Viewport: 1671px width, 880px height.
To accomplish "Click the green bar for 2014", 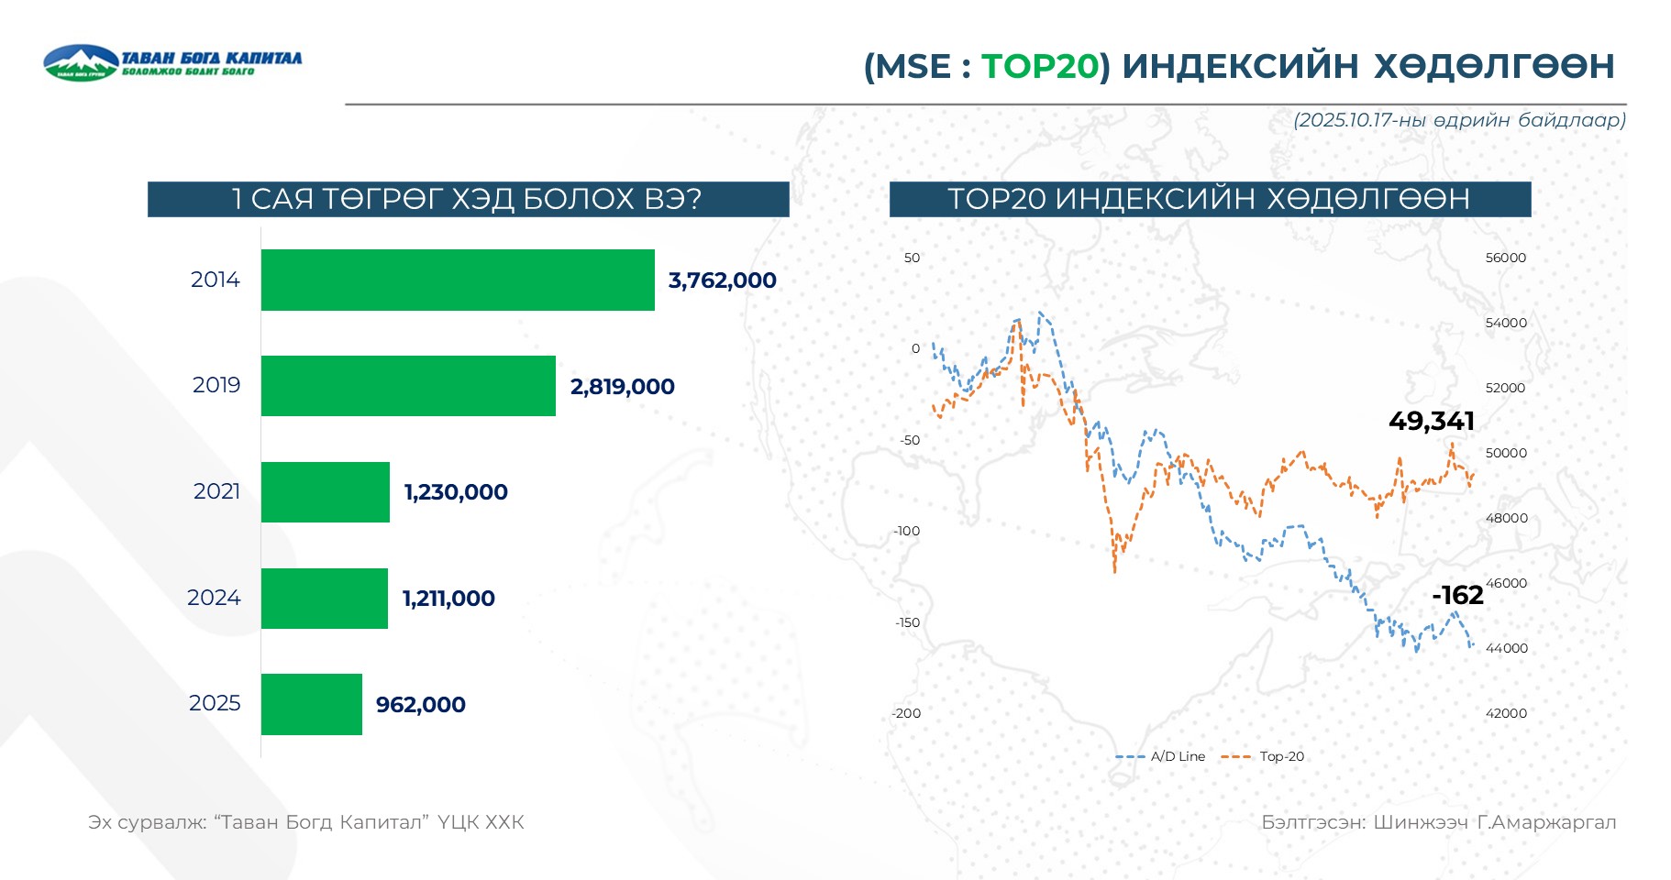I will pyautogui.click(x=458, y=280).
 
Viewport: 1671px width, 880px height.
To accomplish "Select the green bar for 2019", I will pyautogui.click(x=408, y=386).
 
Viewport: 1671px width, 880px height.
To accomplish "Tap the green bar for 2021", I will pyautogui.click(x=326, y=492).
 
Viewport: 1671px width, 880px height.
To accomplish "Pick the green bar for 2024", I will pyautogui.click(x=325, y=599).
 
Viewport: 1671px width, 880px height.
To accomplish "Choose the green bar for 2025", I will pyautogui.click(x=312, y=704).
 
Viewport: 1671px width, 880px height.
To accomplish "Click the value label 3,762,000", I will pyautogui.click(x=722, y=280).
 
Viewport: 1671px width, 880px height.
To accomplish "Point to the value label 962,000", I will pyautogui.click(x=421, y=705).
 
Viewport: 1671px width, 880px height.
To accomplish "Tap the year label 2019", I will pyautogui.click(x=216, y=385).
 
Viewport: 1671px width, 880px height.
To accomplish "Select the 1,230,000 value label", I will pyautogui.click(x=456, y=492).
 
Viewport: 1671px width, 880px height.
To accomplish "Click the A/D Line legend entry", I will pyautogui.click(x=1161, y=756).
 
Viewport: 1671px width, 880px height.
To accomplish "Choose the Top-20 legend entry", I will pyautogui.click(x=1265, y=756).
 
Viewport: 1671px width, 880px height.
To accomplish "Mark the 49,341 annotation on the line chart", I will pyautogui.click(x=1431, y=421).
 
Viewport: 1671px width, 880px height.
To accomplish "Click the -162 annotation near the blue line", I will pyautogui.click(x=1457, y=595).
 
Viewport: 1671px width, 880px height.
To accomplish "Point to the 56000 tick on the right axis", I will pyautogui.click(x=1506, y=258).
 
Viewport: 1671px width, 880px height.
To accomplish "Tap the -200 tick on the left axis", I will pyautogui.click(x=906, y=713).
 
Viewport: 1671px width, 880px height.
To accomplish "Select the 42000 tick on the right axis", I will pyautogui.click(x=1506, y=713).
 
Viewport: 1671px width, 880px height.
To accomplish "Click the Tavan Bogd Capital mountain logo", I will pyautogui.click(x=81, y=62).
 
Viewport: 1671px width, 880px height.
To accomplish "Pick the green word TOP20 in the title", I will pyautogui.click(x=1040, y=66).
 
